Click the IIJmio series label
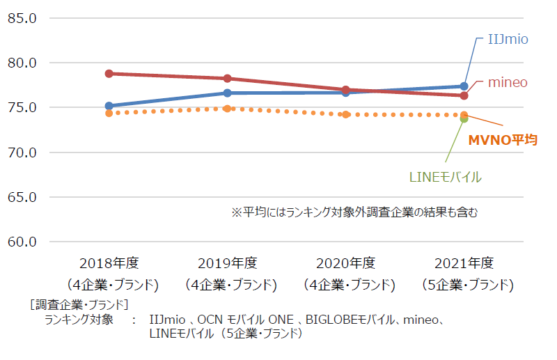(x=508, y=39)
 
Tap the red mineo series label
(x=508, y=82)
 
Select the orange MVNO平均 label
(x=503, y=140)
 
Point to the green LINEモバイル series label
(x=446, y=177)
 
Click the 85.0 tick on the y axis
(x=22, y=18)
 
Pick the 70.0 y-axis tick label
(x=22, y=152)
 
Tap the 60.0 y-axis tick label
(x=22, y=242)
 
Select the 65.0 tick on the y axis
(x=22, y=197)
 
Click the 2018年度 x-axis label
(x=109, y=263)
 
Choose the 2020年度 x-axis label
(x=345, y=263)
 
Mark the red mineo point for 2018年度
(x=109, y=74)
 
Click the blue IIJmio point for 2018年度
(x=109, y=106)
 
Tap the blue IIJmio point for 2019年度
(x=228, y=93)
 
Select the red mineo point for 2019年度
(x=228, y=79)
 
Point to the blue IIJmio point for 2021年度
(x=464, y=86)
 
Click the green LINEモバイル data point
(x=464, y=119)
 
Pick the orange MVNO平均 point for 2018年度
(x=109, y=113)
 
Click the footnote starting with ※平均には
(x=354, y=212)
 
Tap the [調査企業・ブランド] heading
(x=79, y=304)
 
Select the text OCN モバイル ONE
(x=246, y=320)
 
